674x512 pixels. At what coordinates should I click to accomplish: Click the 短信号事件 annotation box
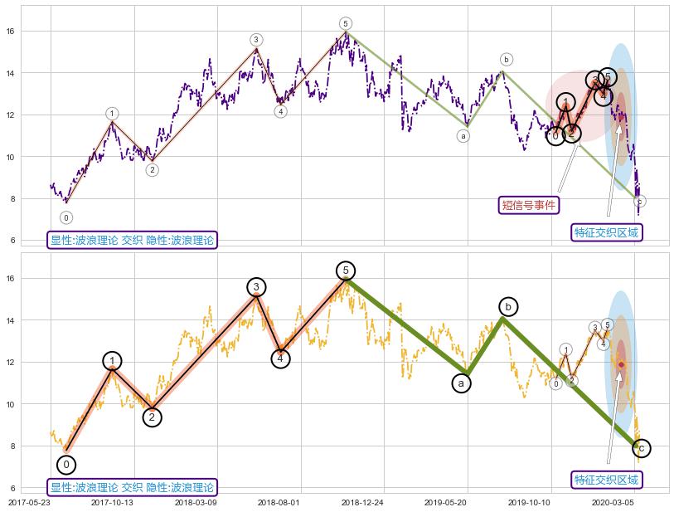[529, 205]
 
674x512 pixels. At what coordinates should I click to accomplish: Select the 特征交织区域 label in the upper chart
[607, 232]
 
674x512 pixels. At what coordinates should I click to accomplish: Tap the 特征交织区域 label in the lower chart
[607, 480]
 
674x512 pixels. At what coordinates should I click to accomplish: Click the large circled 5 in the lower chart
[346, 271]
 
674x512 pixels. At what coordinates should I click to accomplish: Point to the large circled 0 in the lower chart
[66, 464]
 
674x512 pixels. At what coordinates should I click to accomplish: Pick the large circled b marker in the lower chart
[507, 306]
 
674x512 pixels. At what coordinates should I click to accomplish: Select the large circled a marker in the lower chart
[462, 383]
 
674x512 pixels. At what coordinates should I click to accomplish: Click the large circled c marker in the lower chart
[640, 448]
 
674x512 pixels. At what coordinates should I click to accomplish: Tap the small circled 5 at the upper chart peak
[345, 23]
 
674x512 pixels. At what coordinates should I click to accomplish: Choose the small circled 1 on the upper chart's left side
[112, 113]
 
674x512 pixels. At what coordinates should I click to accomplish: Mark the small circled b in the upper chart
[507, 59]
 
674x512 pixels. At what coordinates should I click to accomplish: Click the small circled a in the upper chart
[463, 135]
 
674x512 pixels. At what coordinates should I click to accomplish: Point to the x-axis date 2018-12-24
[362, 502]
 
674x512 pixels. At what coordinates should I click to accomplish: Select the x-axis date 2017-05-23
[34, 502]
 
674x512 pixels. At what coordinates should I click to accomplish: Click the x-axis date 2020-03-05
[612, 502]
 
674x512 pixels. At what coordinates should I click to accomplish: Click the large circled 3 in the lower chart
[256, 287]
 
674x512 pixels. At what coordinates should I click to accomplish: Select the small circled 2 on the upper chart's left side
[153, 169]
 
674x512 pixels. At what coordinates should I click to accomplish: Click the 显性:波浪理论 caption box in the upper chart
[132, 241]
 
